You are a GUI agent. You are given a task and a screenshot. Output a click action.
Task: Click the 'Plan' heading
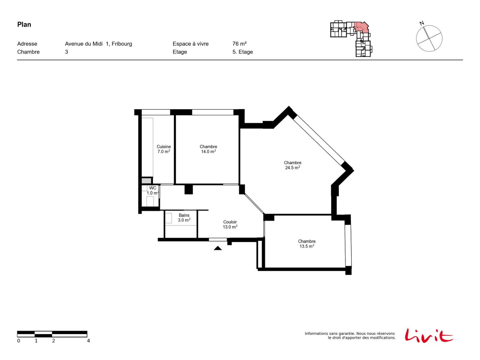click(24, 25)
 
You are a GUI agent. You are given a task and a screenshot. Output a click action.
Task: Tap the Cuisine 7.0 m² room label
click(163, 149)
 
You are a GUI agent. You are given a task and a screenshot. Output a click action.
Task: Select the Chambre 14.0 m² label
click(208, 149)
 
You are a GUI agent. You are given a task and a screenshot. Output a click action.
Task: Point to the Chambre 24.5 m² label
click(292, 165)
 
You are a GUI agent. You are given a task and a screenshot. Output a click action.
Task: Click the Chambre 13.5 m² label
click(307, 244)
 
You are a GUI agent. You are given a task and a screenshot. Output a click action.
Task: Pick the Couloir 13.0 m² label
click(230, 224)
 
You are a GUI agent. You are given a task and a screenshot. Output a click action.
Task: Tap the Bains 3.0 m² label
click(184, 218)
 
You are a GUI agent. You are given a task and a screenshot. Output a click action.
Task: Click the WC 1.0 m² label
click(153, 190)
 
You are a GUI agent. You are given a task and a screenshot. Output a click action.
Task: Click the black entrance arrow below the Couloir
click(217, 248)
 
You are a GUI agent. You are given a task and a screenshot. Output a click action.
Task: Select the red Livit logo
click(429, 336)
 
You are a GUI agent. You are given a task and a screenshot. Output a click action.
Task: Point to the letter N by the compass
click(421, 23)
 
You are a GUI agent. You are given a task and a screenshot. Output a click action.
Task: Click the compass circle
click(429, 25)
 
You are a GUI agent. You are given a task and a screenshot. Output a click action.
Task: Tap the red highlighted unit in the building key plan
click(361, 27)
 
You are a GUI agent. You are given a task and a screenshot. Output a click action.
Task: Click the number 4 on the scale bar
click(88, 341)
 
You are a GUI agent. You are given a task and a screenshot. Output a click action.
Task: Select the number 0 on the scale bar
click(19, 341)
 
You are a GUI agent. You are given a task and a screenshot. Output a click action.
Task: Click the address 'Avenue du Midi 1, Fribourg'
click(98, 44)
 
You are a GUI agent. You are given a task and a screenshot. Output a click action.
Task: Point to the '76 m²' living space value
click(239, 44)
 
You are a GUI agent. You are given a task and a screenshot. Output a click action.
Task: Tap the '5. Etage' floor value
click(242, 52)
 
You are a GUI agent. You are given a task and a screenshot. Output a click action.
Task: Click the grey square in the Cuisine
click(146, 181)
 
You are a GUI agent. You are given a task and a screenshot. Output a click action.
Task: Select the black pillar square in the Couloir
click(188, 189)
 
